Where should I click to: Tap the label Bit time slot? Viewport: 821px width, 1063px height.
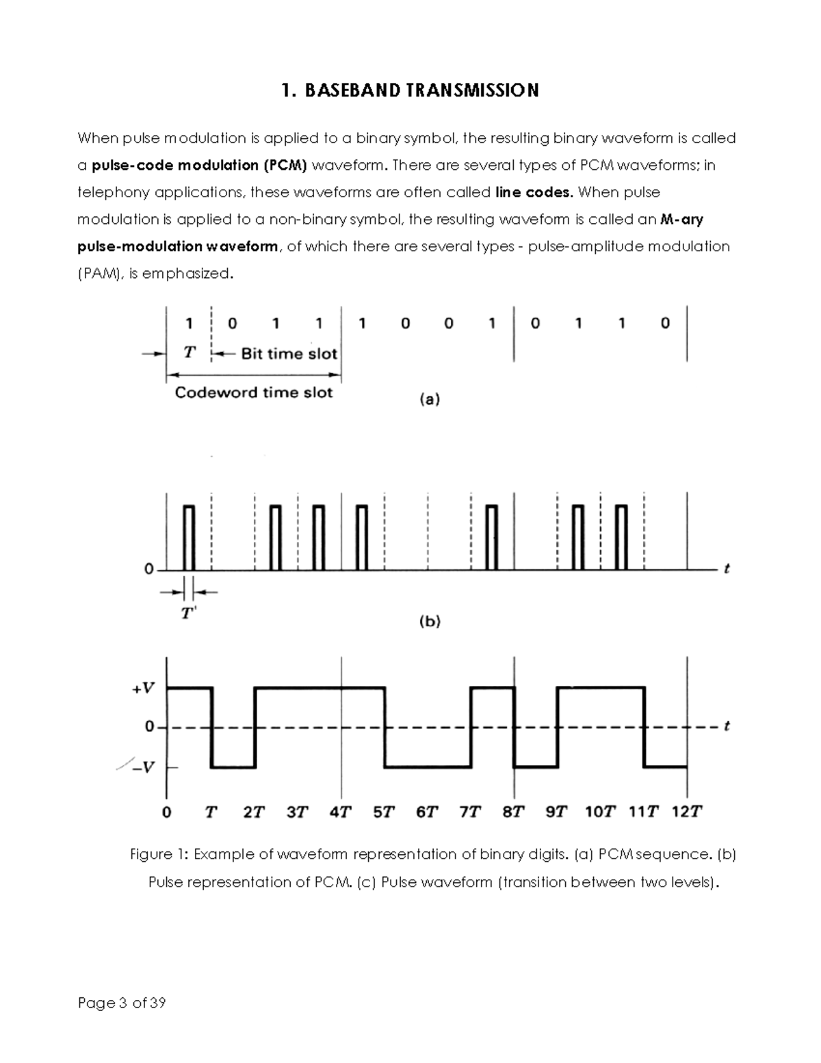point(289,354)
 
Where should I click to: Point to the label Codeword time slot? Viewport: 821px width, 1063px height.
point(254,393)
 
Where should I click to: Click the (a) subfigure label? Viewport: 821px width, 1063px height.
point(429,399)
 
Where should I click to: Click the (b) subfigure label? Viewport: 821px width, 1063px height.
point(429,622)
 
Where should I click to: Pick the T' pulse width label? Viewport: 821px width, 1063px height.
point(188,613)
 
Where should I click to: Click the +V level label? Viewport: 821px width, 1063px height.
point(143,689)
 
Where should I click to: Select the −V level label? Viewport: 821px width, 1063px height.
point(143,767)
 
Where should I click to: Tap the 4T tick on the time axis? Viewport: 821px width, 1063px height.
point(341,812)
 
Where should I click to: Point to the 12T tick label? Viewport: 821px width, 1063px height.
point(686,812)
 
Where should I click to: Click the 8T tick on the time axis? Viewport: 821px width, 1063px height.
point(513,812)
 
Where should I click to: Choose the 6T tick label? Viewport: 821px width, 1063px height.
point(427,812)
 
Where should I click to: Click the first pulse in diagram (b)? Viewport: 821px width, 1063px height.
point(189,537)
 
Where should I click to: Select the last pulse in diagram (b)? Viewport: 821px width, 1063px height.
point(621,537)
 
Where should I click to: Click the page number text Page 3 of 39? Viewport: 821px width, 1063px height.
point(122,1003)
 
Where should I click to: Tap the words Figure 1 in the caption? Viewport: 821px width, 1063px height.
point(159,855)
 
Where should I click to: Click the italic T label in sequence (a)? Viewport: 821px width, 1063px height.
point(190,353)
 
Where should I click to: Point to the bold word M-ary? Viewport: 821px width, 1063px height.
point(682,220)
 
